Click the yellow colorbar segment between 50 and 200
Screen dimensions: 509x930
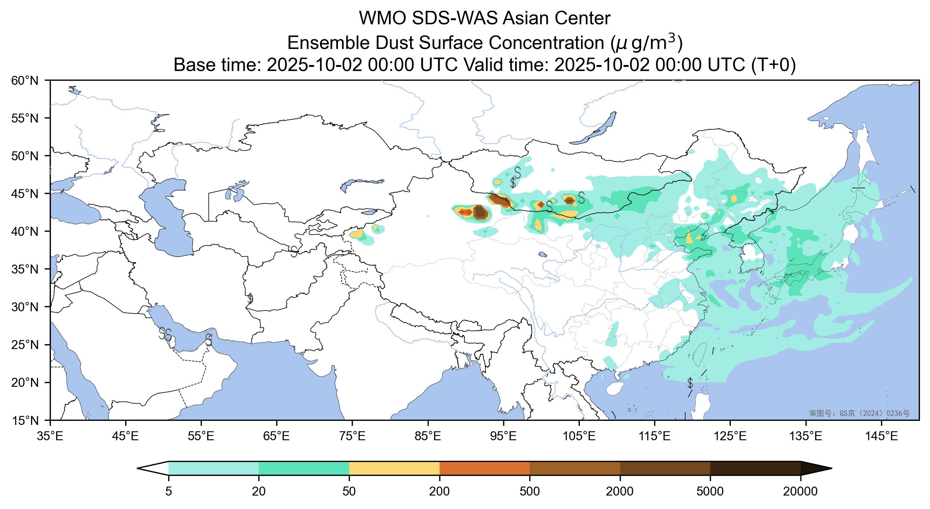[394, 468]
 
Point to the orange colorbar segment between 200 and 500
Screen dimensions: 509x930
[484, 468]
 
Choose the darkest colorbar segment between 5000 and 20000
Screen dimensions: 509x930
[755, 468]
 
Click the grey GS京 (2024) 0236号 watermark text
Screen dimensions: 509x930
[859, 413]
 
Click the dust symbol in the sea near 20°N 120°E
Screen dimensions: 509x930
[690, 383]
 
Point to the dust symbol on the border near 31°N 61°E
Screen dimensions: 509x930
[250, 299]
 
